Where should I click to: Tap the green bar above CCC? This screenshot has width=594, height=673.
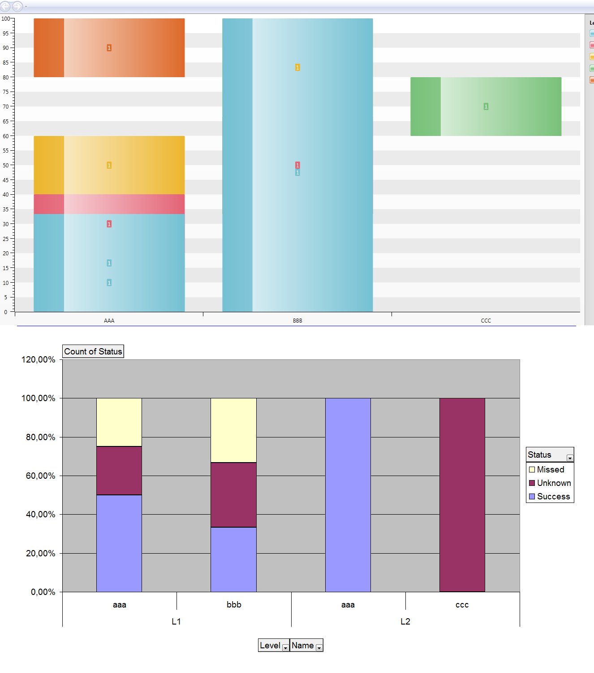[x=486, y=119]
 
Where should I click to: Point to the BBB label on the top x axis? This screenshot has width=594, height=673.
[x=297, y=321]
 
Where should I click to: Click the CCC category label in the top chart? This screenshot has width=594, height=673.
[x=486, y=321]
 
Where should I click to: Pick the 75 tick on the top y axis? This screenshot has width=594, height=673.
[x=6, y=92]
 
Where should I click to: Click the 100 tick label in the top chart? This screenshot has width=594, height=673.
[x=5, y=19]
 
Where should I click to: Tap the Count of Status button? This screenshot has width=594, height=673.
[x=93, y=351]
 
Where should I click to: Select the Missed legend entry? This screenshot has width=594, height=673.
[x=550, y=470]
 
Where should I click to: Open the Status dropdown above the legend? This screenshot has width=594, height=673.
[x=570, y=458]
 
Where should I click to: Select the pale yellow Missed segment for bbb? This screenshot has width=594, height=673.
[x=233, y=430]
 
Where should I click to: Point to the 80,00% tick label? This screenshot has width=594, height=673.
[x=40, y=437]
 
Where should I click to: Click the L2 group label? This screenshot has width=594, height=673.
[x=405, y=621]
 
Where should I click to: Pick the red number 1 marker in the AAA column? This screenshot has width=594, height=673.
[x=109, y=224]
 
